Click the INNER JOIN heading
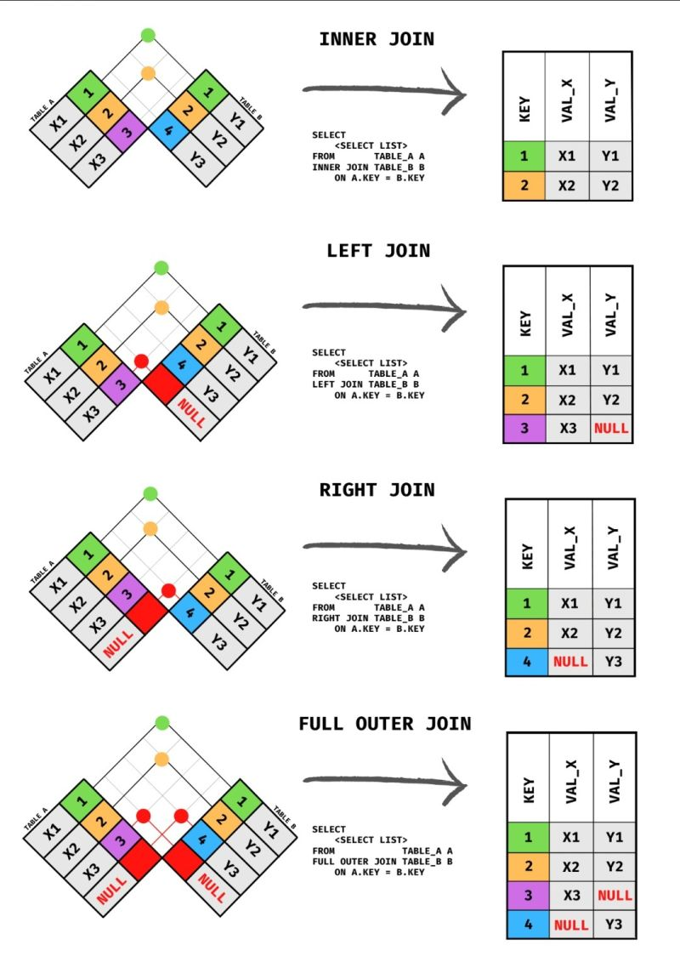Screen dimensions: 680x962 pyautogui.click(x=377, y=39)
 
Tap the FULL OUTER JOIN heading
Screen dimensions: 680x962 pyautogui.click(x=384, y=724)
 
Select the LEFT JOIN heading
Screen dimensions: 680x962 pyautogui.click(x=378, y=251)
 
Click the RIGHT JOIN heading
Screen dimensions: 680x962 pyautogui.click(x=377, y=490)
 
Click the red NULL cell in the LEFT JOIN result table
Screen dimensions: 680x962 pyautogui.click(x=611, y=428)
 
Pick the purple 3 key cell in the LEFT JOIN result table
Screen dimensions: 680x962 pyautogui.click(x=524, y=428)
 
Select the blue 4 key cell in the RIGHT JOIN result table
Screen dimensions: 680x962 pyautogui.click(x=527, y=661)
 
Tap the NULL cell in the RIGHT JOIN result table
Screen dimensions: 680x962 pyautogui.click(x=570, y=661)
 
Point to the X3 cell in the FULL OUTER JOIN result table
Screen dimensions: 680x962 pyautogui.click(x=571, y=895)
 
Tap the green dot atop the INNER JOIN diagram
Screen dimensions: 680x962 pyautogui.click(x=148, y=35)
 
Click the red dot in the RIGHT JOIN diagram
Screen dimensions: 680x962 pyautogui.click(x=168, y=589)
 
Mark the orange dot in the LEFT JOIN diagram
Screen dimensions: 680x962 pyautogui.click(x=161, y=306)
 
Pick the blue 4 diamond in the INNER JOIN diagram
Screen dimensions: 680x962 pyautogui.click(x=167, y=131)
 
